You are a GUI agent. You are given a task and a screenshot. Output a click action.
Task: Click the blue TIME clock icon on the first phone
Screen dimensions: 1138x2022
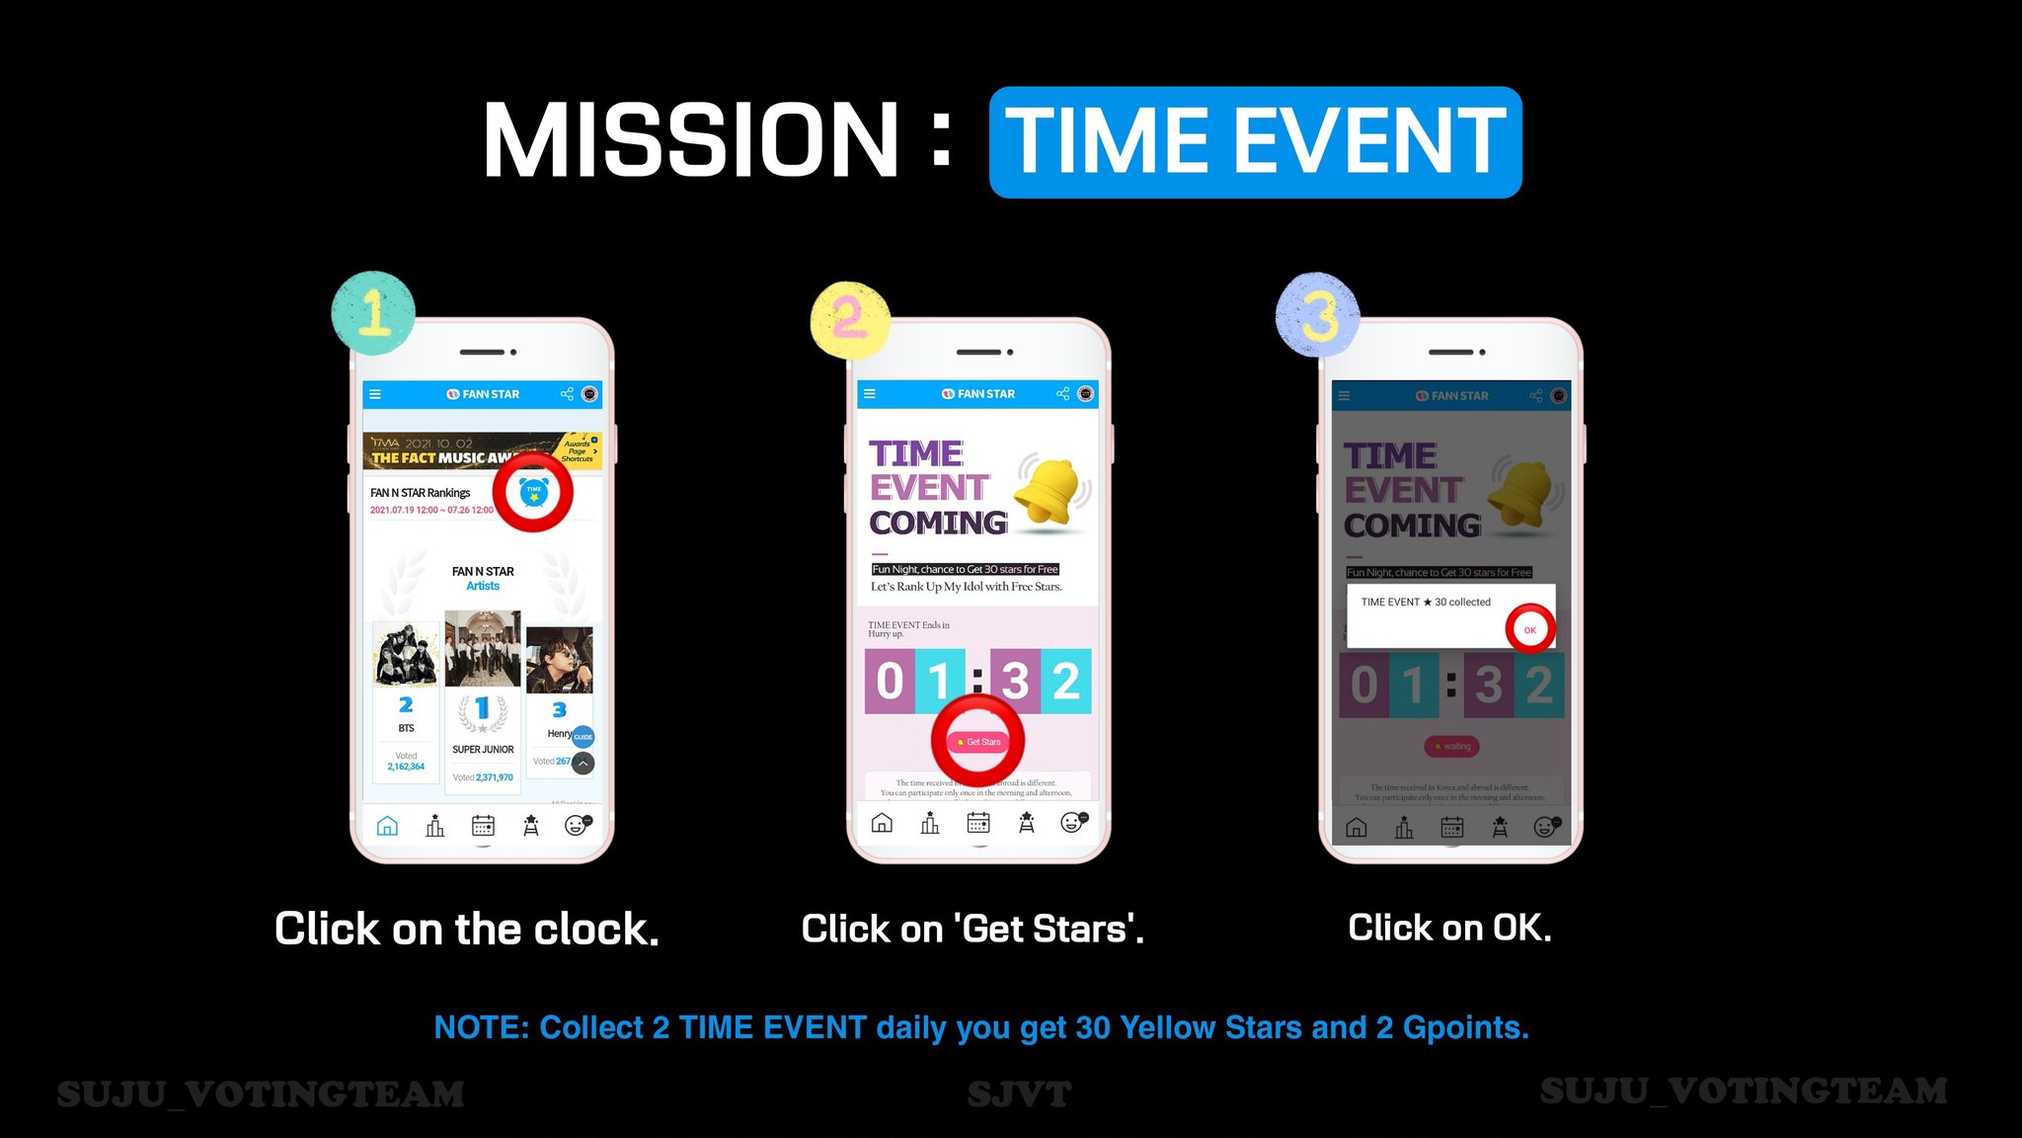pyautogui.click(x=533, y=492)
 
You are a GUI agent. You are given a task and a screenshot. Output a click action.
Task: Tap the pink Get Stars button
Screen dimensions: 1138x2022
pyautogui.click(x=978, y=742)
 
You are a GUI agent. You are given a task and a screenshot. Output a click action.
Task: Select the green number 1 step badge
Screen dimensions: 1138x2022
pyautogui.click(x=373, y=312)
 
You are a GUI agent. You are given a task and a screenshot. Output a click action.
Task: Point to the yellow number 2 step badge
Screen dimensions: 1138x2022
pyautogui.click(x=849, y=318)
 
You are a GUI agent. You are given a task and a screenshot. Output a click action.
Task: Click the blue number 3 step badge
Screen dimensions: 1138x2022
pyautogui.click(x=1317, y=315)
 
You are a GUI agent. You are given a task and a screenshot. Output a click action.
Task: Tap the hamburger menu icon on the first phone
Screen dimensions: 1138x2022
pyautogui.click(x=375, y=394)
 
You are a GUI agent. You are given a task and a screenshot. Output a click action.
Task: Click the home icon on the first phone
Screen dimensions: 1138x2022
pyautogui.click(x=387, y=825)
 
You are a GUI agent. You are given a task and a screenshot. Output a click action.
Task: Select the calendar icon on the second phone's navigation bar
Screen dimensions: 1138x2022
pyautogui.click(x=977, y=822)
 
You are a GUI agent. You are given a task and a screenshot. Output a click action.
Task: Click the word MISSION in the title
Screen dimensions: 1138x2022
pyautogui.click(x=690, y=140)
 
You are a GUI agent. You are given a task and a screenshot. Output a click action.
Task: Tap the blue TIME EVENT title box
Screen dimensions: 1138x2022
pyautogui.click(x=1255, y=142)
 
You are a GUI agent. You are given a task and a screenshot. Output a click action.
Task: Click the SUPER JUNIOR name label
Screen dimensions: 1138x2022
pyautogui.click(x=483, y=750)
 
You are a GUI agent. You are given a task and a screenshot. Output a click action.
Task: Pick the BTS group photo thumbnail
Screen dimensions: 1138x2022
pyautogui.click(x=406, y=654)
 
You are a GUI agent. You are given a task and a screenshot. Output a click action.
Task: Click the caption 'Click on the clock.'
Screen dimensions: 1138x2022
pyautogui.click(x=466, y=929)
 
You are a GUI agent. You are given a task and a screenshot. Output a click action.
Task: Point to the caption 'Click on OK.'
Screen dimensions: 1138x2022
pyautogui.click(x=1449, y=928)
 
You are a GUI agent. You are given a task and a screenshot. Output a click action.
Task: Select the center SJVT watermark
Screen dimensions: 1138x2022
pyautogui.click(x=1019, y=1094)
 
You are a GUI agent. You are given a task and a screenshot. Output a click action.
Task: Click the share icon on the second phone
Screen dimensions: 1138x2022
pyautogui.click(x=1062, y=394)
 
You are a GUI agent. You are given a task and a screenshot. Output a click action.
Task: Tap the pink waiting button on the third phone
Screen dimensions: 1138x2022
pyautogui.click(x=1451, y=747)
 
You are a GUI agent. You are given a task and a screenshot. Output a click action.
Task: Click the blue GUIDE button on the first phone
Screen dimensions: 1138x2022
pyautogui.click(x=583, y=737)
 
